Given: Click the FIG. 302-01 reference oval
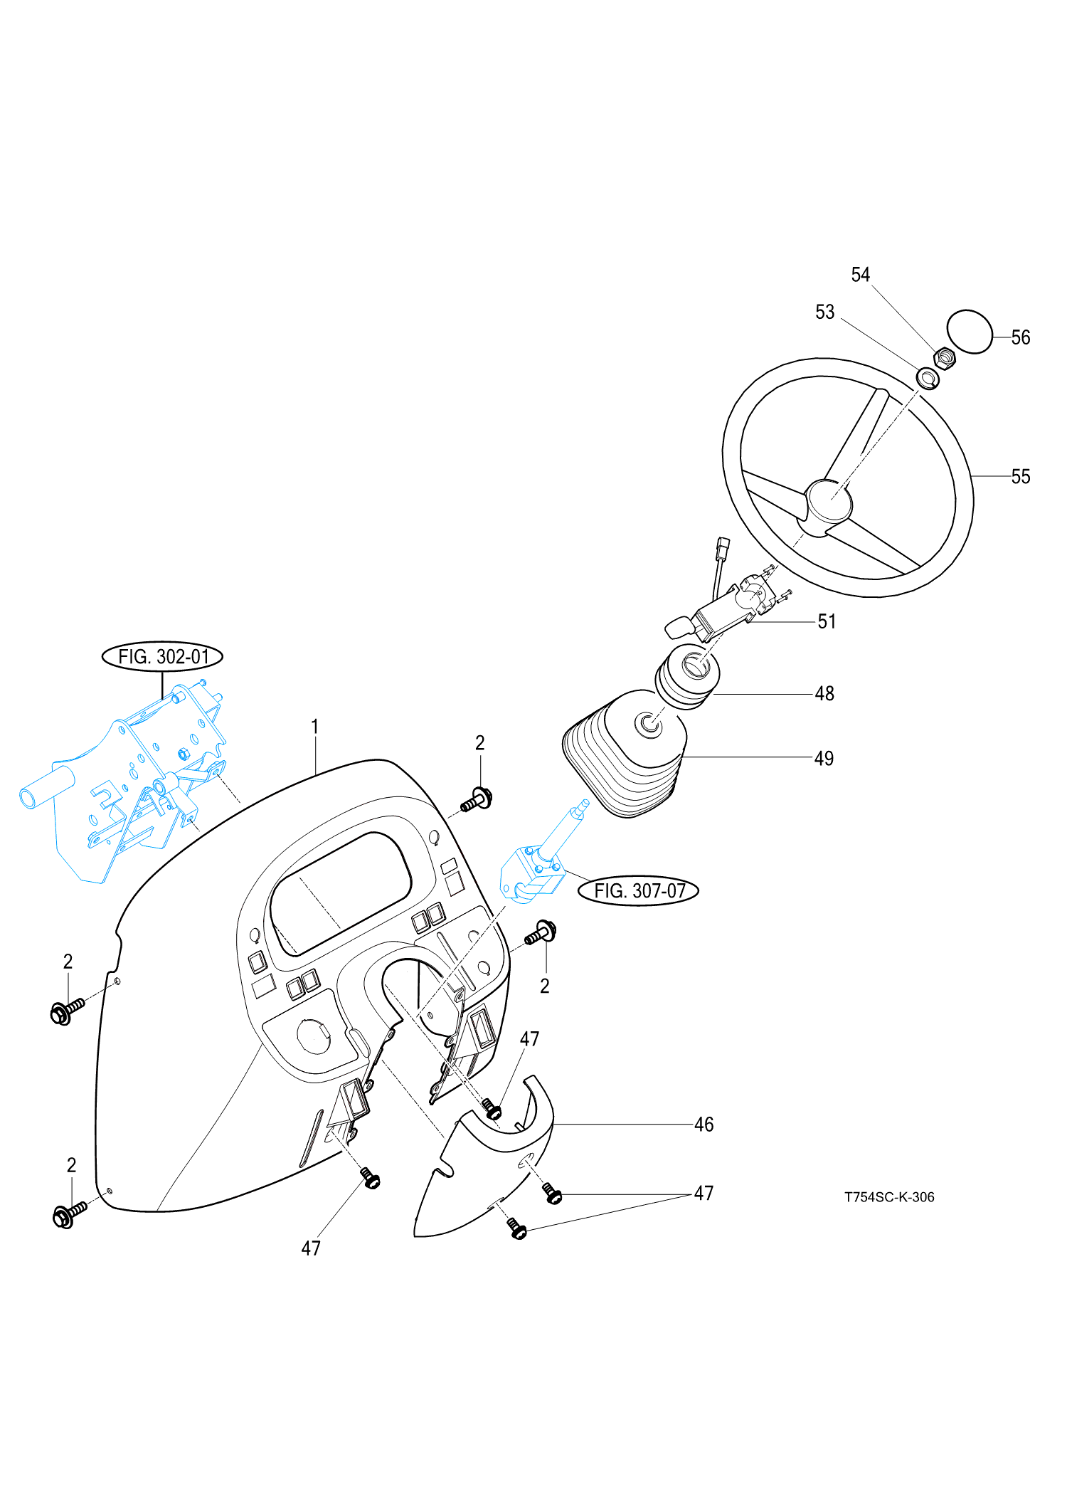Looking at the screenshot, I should point(163,656).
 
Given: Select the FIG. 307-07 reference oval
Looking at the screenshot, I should point(639,890).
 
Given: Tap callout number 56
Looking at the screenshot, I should point(1020,337).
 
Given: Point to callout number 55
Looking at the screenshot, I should point(1020,476).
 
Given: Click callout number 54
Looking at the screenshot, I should point(861,275).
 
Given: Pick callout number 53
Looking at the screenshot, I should point(824,312).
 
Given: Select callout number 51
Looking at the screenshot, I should point(826,621).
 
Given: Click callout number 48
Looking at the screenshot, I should point(824,693).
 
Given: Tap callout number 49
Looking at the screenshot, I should point(824,758).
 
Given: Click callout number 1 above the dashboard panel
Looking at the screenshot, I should point(315,727).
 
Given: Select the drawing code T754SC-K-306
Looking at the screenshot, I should point(889,1197).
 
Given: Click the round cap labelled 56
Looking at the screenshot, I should point(970,331).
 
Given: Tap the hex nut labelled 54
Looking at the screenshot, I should point(943,358).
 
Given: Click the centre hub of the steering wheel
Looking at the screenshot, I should point(829,500).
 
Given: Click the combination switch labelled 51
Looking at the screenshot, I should point(726,609).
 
